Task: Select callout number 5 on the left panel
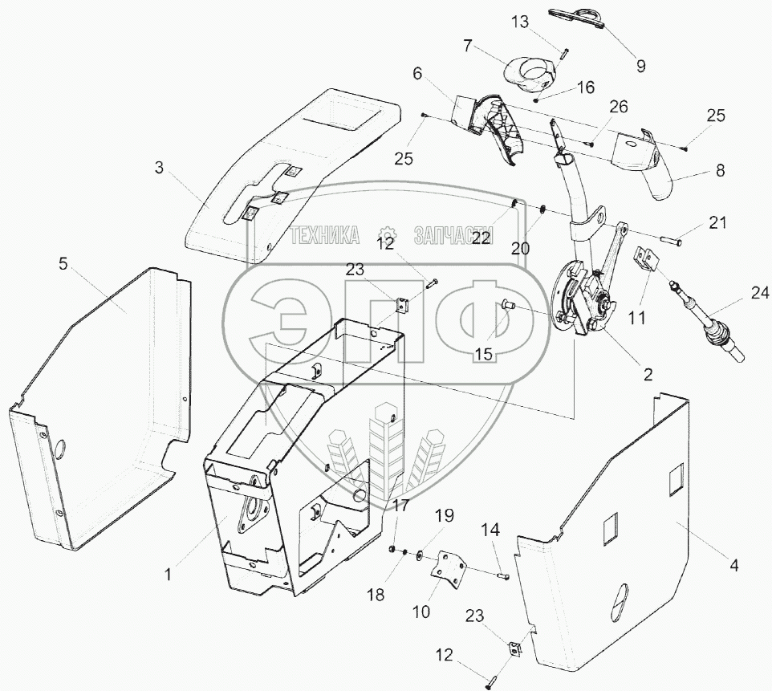tap(63, 264)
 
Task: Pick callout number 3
tap(159, 169)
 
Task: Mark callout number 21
tap(717, 222)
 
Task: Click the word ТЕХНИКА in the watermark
tap(324, 235)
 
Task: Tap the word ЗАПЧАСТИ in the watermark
tap(453, 235)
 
